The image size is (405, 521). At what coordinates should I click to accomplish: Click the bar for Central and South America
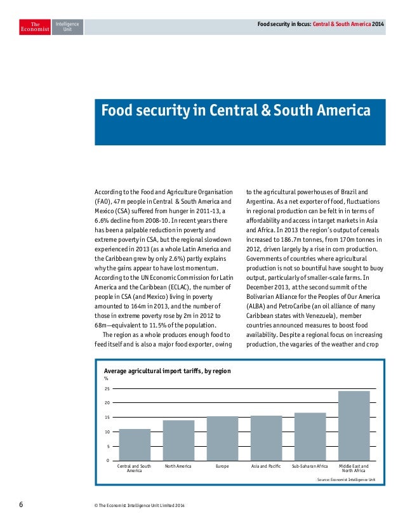pyautogui.click(x=135, y=444)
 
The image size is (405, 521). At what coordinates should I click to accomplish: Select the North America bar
pyautogui.click(x=178, y=440)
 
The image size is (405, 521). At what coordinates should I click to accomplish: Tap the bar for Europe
pyautogui.click(x=222, y=438)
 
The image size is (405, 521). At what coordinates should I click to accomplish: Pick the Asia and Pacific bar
pyautogui.click(x=266, y=438)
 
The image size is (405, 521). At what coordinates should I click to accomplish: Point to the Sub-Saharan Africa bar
pyautogui.click(x=310, y=436)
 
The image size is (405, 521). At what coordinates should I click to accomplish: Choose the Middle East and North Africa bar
pyautogui.click(x=354, y=425)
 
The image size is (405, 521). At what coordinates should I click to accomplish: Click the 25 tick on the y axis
pyautogui.click(x=107, y=388)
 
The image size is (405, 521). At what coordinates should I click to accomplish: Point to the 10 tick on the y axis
pyautogui.click(x=107, y=432)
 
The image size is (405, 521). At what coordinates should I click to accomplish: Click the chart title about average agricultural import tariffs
pyautogui.click(x=167, y=371)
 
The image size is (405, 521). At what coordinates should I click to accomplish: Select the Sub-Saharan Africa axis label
pyautogui.click(x=310, y=466)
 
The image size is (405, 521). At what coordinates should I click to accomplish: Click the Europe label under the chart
pyautogui.click(x=222, y=466)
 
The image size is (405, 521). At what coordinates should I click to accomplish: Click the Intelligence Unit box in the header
pyautogui.click(x=67, y=26)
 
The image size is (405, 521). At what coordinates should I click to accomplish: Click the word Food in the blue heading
pyautogui.click(x=116, y=111)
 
